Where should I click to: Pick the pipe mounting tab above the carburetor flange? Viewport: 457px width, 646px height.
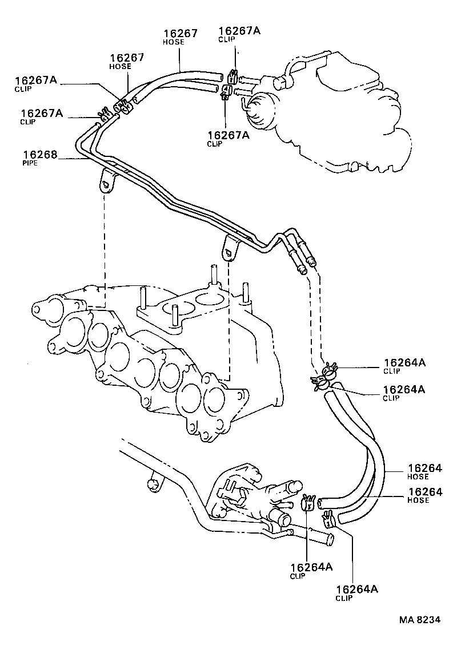[x=230, y=249]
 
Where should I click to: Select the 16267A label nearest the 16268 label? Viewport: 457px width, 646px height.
[x=41, y=114]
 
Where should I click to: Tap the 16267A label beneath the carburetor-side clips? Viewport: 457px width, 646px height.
[x=228, y=135]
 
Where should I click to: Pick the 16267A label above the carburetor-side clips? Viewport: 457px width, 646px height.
[x=239, y=31]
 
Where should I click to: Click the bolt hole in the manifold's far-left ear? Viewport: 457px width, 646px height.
[x=36, y=310]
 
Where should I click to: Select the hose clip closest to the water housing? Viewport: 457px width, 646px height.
[x=308, y=502]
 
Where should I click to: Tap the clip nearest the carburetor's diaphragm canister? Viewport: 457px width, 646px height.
[x=226, y=92]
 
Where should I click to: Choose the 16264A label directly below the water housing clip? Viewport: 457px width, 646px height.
[x=311, y=567]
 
